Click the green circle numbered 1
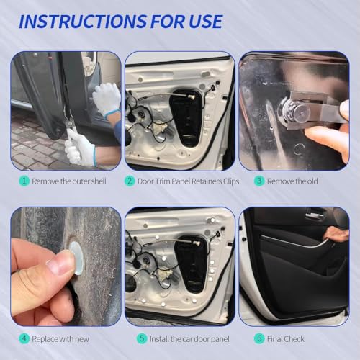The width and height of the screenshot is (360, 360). [24, 181]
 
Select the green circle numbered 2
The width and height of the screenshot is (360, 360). [130, 181]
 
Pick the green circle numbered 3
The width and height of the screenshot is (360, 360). [259, 181]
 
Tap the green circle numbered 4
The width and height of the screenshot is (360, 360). [24, 338]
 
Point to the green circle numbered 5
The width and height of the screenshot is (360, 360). [142, 338]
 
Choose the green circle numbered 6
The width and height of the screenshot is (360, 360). [259, 338]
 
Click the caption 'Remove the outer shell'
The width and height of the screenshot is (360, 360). [69, 181]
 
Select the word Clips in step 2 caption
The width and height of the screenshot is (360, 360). [231, 181]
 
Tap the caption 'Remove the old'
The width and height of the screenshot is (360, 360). [292, 181]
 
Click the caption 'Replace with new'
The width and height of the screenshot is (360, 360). [60, 339]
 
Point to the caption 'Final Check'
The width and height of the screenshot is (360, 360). [286, 339]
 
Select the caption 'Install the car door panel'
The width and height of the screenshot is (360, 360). [189, 339]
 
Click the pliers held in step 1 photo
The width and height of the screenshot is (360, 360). [70, 124]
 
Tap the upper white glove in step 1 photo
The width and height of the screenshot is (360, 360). [107, 99]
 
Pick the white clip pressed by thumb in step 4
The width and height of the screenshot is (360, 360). [77, 258]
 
